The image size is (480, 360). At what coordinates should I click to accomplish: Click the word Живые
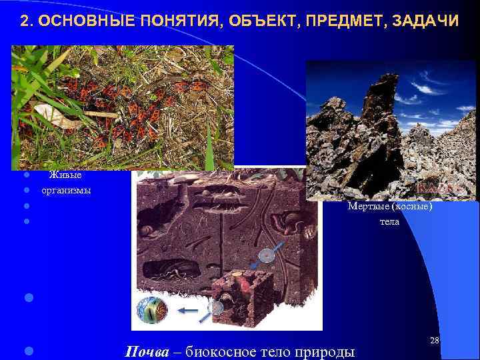click(x=65, y=175)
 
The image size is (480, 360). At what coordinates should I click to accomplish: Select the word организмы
click(x=67, y=190)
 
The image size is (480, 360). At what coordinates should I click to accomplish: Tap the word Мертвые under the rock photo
click(x=369, y=207)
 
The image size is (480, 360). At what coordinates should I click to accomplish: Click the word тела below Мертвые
click(x=389, y=221)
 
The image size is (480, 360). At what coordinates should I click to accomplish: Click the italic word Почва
click(x=147, y=351)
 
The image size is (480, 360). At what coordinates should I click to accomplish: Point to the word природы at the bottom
click(x=327, y=351)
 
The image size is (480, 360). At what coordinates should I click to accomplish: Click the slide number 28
click(x=435, y=341)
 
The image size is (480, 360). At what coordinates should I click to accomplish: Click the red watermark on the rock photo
click(x=437, y=189)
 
